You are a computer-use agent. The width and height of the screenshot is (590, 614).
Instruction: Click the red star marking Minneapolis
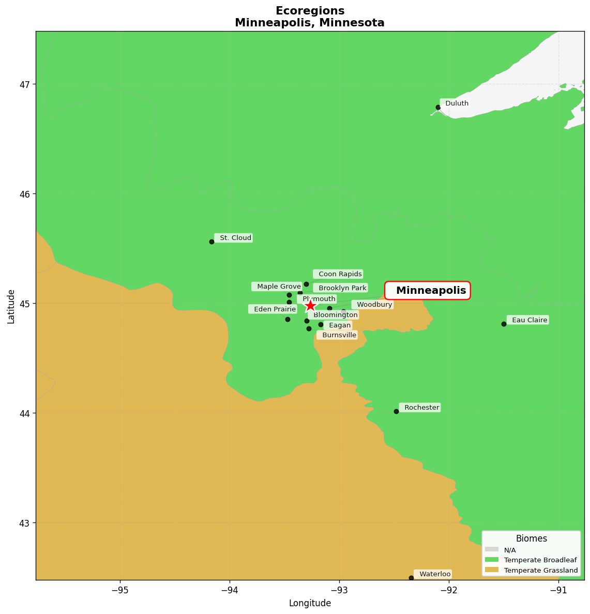tap(310, 305)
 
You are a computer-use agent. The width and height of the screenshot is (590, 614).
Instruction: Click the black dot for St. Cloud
tap(211, 242)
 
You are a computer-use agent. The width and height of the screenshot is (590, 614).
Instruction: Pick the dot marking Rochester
tap(396, 411)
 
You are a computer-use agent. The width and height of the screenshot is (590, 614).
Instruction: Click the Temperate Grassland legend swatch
tap(492, 570)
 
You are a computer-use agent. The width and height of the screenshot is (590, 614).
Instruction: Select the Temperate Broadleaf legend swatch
tap(492, 560)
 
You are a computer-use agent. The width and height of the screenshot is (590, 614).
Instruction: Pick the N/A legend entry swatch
tap(492, 549)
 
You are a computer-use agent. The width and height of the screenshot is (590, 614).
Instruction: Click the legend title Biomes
tap(531, 538)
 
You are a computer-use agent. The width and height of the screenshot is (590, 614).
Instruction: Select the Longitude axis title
tap(310, 603)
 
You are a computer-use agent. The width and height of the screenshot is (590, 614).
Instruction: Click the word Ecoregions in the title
tap(310, 11)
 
